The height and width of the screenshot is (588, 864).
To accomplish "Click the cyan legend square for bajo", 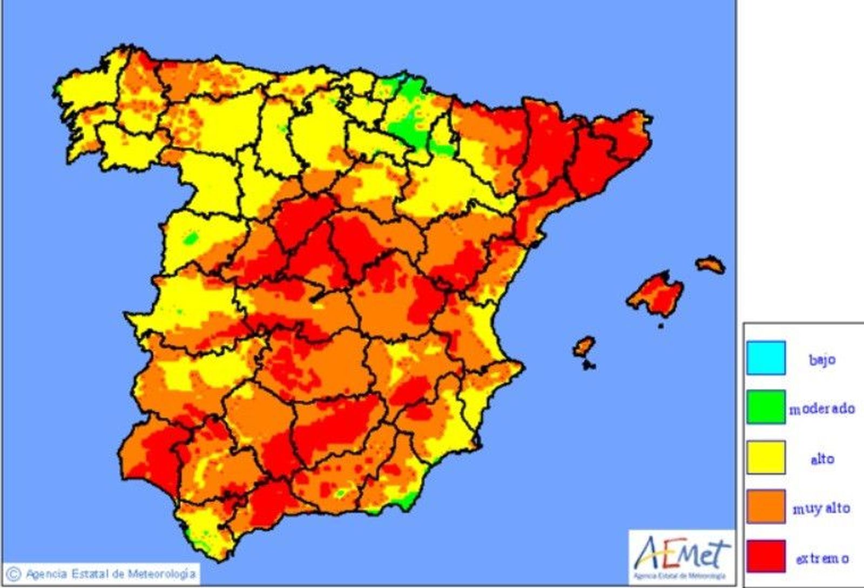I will click(x=766, y=358).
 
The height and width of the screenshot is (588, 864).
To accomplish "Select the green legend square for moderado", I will click(x=766, y=407).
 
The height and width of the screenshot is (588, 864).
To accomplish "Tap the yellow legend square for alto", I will click(x=766, y=457).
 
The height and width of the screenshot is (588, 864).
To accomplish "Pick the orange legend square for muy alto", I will click(x=766, y=506).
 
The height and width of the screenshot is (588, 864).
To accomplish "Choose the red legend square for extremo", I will click(x=766, y=556).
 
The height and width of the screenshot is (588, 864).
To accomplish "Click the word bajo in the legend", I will click(x=822, y=359).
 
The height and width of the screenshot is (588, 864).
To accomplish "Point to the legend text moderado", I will click(x=822, y=409).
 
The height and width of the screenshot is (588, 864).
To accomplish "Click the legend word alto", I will click(x=822, y=459).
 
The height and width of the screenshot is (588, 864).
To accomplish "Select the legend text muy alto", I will click(x=821, y=508).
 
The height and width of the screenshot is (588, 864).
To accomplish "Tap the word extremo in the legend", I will click(x=822, y=558).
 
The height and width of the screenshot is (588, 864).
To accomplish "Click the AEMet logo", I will click(x=681, y=557).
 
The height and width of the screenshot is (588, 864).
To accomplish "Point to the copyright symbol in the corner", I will click(x=14, y=573).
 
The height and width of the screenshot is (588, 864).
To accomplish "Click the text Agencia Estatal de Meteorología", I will click(x=110, y=573).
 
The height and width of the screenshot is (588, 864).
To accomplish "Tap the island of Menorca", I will click(x=710, y=265).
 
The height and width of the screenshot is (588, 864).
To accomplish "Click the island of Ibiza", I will click(x=584, y=346).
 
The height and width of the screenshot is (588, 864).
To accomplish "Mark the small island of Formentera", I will click(x=589, y=366).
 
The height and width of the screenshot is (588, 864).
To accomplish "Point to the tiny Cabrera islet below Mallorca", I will click(x=660, y=326).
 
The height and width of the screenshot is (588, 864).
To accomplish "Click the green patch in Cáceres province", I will click(x=190, y=238).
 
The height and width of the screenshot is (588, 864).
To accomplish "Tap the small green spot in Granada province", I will click(x=340, y=492).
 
